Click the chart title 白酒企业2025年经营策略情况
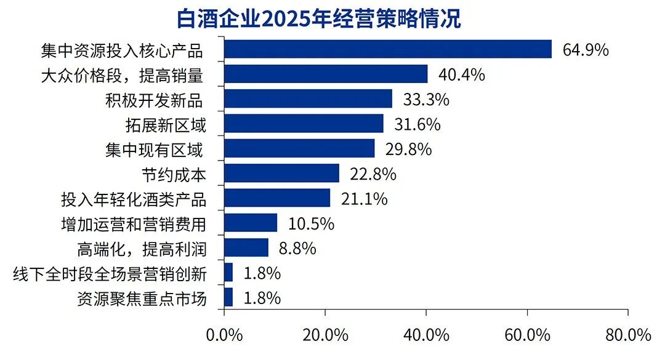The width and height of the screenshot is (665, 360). [x=318, y=18]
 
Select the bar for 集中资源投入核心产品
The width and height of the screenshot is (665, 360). [x=388, y=49]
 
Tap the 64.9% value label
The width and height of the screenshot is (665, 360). [x=586, y=50]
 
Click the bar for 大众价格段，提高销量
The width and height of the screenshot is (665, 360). [x=326, y=74]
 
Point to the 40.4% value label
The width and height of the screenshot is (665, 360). [x=462, y=75]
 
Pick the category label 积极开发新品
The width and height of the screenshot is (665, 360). [x=154, y=100]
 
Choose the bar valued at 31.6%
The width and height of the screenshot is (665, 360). [x=304, y=124]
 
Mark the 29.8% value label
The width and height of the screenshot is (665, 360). [x=408, y=149]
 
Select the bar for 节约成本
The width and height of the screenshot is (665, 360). [x=281, y=174]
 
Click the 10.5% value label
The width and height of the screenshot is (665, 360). [x=311, y=223]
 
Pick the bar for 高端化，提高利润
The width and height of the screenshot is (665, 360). [x=246, y=248]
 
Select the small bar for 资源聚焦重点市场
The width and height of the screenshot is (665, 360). [x=228, y=298]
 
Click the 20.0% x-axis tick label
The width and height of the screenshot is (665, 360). [x=325, y=335]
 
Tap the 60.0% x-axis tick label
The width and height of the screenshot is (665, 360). [x=527, y=335]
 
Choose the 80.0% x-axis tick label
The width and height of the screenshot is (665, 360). [x=628, y=335]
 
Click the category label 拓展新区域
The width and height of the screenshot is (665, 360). [x=165, y=125]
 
